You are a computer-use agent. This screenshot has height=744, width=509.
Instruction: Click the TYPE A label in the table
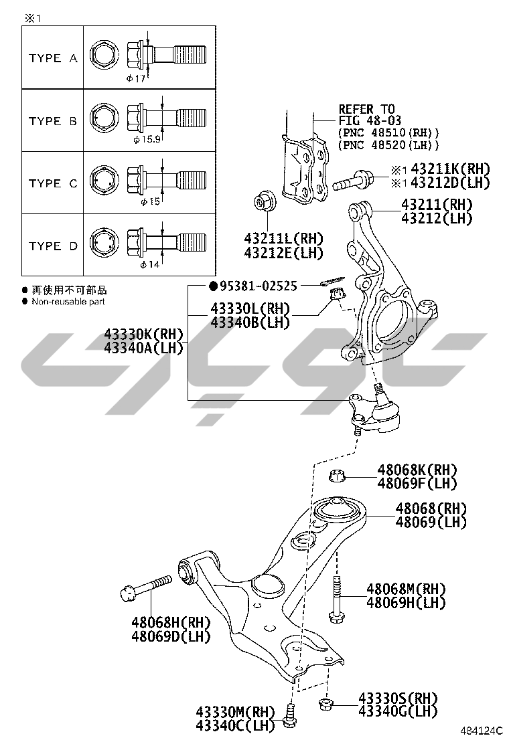[53, 58]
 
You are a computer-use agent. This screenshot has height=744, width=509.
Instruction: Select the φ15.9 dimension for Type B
[147, 140]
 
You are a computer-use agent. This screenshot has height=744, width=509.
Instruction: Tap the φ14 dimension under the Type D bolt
[149, 265]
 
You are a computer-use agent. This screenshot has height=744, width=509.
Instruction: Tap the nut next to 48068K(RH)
[338, 476]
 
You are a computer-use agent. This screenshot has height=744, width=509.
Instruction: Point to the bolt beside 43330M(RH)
[289, 716]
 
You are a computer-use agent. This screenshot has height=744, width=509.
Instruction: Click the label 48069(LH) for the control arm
[431, 523]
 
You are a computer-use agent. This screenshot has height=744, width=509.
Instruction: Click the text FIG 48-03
[366, 120]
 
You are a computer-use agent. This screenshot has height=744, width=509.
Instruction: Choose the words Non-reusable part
[68, 302]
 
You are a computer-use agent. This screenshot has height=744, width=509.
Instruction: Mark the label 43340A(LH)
[143, 347]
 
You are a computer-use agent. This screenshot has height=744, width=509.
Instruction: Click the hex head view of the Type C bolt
[103, 182]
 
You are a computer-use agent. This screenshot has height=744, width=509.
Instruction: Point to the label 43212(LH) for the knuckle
[437, 218]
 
